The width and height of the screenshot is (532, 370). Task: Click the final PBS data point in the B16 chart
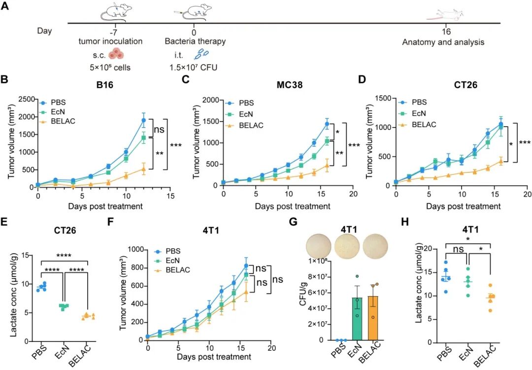[144, 120]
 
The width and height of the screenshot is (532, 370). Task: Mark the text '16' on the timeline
[443, 31]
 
